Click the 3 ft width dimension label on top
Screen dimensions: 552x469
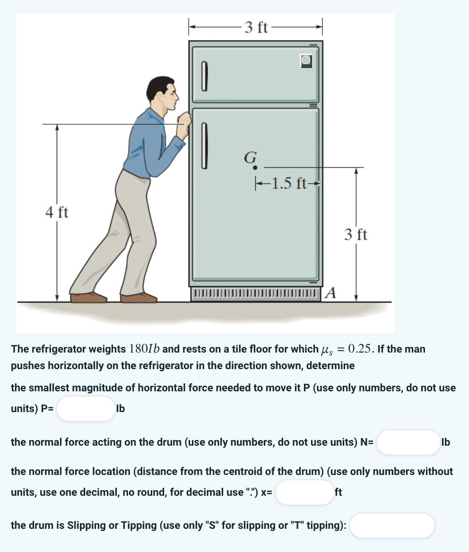tap(256, 27)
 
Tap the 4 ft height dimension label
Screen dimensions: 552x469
tap(57, 213)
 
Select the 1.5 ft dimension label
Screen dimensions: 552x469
tap(288, 182)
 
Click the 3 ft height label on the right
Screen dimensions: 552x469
tap(356, 234)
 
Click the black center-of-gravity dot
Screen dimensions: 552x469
tap(255, 167)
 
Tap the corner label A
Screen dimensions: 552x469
tap(331, 293)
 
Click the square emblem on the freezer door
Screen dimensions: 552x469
tap(306, 60)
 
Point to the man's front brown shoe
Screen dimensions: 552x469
tap(138, 298)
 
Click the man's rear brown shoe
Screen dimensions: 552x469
tap(88, 297)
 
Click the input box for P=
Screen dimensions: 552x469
tap(86, 409)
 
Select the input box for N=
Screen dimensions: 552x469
tap(408, 442)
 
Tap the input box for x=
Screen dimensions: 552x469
tap(304, 492)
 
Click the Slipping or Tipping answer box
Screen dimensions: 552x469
tap(392, 526)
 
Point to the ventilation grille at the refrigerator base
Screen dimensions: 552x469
tap(256, 293)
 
